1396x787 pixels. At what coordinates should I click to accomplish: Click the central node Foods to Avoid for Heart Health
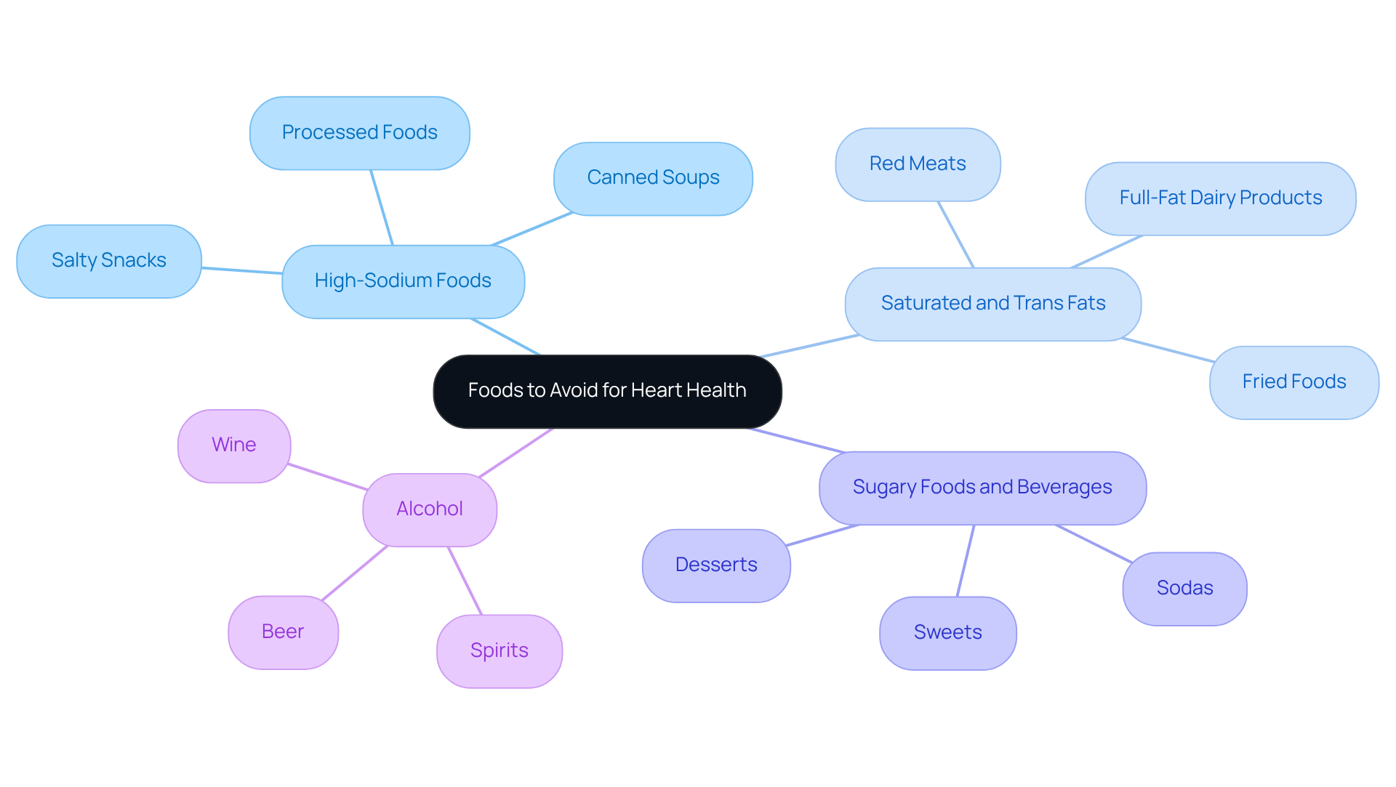607,391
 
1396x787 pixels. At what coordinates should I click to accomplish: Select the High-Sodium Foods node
403,281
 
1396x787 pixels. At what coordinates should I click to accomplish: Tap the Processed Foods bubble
359,133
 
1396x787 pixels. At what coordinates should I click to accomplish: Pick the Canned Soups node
653,178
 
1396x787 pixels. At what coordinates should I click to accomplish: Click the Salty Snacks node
109,261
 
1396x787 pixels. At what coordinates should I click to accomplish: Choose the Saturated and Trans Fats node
992,304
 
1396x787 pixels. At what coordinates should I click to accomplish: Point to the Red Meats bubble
918,164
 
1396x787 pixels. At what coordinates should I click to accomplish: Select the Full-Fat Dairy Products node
1220,198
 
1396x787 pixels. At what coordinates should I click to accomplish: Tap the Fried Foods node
1293,382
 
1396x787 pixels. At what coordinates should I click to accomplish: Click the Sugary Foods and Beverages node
982,488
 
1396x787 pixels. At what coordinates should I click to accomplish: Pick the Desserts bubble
716,565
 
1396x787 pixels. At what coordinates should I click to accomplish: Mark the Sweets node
947,633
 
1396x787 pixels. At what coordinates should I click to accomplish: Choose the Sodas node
1184,589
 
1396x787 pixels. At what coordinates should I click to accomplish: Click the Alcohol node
430,509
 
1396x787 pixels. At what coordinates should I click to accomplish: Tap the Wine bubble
234,445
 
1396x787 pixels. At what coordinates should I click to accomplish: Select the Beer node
283,632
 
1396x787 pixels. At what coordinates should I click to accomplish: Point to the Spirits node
500,651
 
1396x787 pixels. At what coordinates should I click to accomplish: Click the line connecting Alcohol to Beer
355,573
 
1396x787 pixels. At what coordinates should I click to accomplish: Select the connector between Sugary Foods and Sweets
966,561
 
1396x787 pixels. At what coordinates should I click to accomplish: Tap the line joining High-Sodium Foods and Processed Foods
382,208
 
